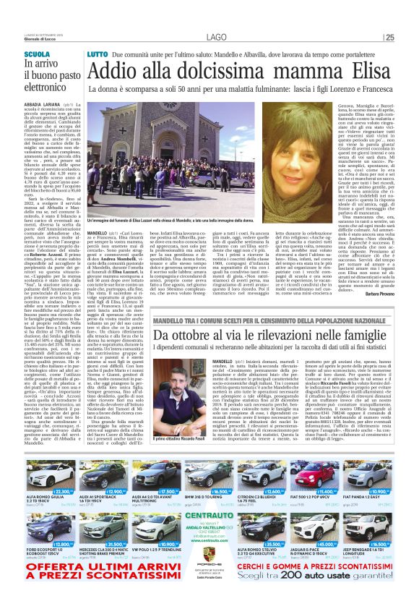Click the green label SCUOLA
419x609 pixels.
click(37, 55)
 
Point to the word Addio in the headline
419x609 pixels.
click(118, 72)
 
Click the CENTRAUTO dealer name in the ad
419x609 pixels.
click(209, 516)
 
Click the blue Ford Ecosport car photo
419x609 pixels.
click(50, 530)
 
